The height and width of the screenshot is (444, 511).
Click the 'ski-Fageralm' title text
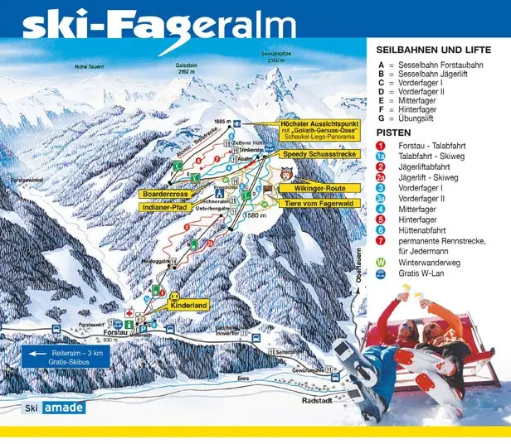pyautogui.click(x=158, y=24)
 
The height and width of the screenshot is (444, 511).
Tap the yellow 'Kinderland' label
pyautogui.click(x=188, y=306)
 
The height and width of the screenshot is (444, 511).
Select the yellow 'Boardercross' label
pyautogui.click(x=168, y=194)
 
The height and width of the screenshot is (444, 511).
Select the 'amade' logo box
pyautogui.click(x=64, y=408)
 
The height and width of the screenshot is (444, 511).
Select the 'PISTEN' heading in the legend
pyautogui.click(x=393, y=133)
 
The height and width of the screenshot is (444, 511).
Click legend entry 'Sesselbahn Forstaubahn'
pyautogui.click(x=440, y=64)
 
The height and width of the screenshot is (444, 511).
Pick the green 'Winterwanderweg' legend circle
pyautogui.click(x=381, y=263)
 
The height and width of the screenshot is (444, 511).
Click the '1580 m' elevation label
pyautogui.click(x=255, y=215)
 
